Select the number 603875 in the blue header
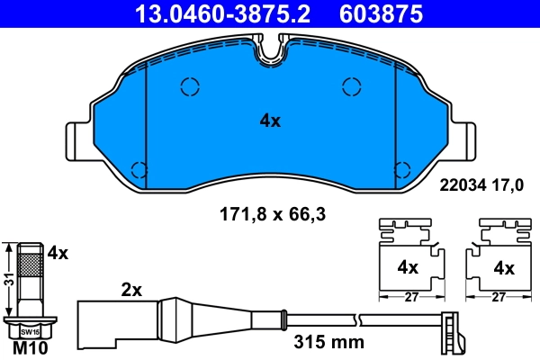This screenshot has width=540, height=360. click(x=380, y=13)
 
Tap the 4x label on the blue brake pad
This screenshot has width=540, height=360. click(x=270, y=120)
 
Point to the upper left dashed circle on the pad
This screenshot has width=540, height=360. click(x=190, y=86)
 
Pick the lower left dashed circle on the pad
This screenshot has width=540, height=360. click(x=139, y=168)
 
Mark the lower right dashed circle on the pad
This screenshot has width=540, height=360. click(x=402, y=168)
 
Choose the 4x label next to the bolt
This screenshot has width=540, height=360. click(x=58, y=254)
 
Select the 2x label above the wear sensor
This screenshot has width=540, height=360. click(x=132, y=290)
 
